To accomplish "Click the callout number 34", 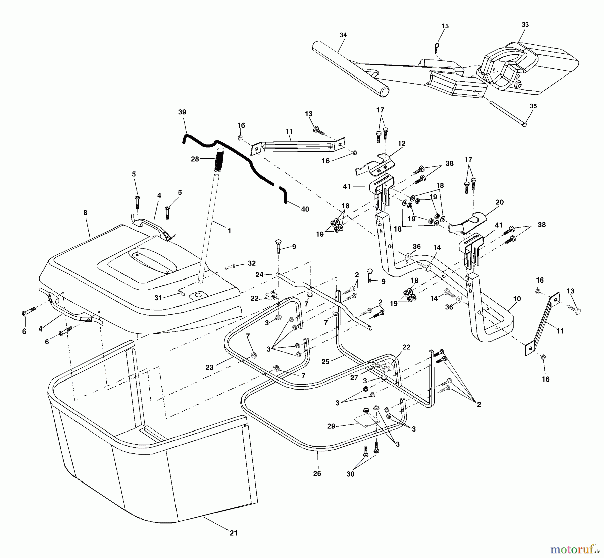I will [x=343, y=35].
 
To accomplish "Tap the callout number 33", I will [x=525, y=24].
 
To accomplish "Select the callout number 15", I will [x=445, y=26].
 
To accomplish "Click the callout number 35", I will [x=533, y=106].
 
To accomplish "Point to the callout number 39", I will [x=182, y=112].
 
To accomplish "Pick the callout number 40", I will [x=305, y=209].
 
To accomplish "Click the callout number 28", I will [x=195, y=159].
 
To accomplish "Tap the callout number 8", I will [x=85, y=212].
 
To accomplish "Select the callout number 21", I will [x=233, y=533].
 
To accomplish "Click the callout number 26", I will [x=317, y=473].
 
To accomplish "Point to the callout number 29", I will [x=331, y=426].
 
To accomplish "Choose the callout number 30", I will [x=350, y=474].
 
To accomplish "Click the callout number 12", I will [x=401, y=143].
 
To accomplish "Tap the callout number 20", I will [x=500, y=202].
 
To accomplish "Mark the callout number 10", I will [x=517, y=299].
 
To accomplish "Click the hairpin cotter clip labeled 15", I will [x=437, y=48].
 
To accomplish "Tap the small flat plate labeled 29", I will [x=366, y=420].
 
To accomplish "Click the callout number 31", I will [x=158, y=298].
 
